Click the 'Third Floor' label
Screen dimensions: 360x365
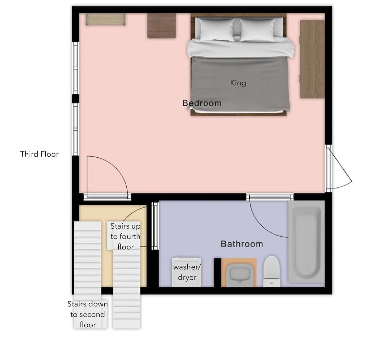point(39,154)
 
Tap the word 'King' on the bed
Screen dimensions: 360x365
point(238,83)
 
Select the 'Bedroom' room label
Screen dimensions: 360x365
point(202,103)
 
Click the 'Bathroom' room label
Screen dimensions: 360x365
point(242,244)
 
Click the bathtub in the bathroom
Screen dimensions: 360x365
point(306,242)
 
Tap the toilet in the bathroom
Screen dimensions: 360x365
point(271,271)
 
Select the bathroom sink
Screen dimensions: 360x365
point(239,273)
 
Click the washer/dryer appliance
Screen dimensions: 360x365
point(187,272)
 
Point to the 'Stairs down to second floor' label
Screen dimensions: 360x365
point(88,314)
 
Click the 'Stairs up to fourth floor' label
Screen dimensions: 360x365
point(126,237)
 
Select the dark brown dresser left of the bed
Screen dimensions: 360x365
point(161,26)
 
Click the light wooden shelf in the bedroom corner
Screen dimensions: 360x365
point(105,20)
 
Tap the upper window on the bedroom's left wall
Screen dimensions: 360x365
point(75,68)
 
